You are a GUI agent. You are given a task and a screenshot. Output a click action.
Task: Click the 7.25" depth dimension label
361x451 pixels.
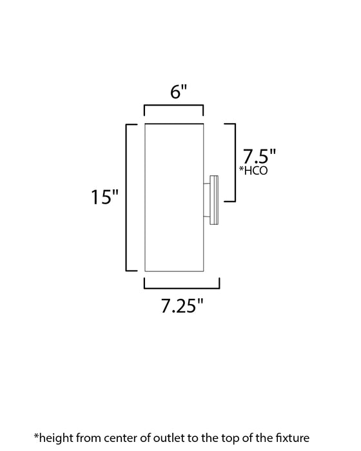pos(181,306)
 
